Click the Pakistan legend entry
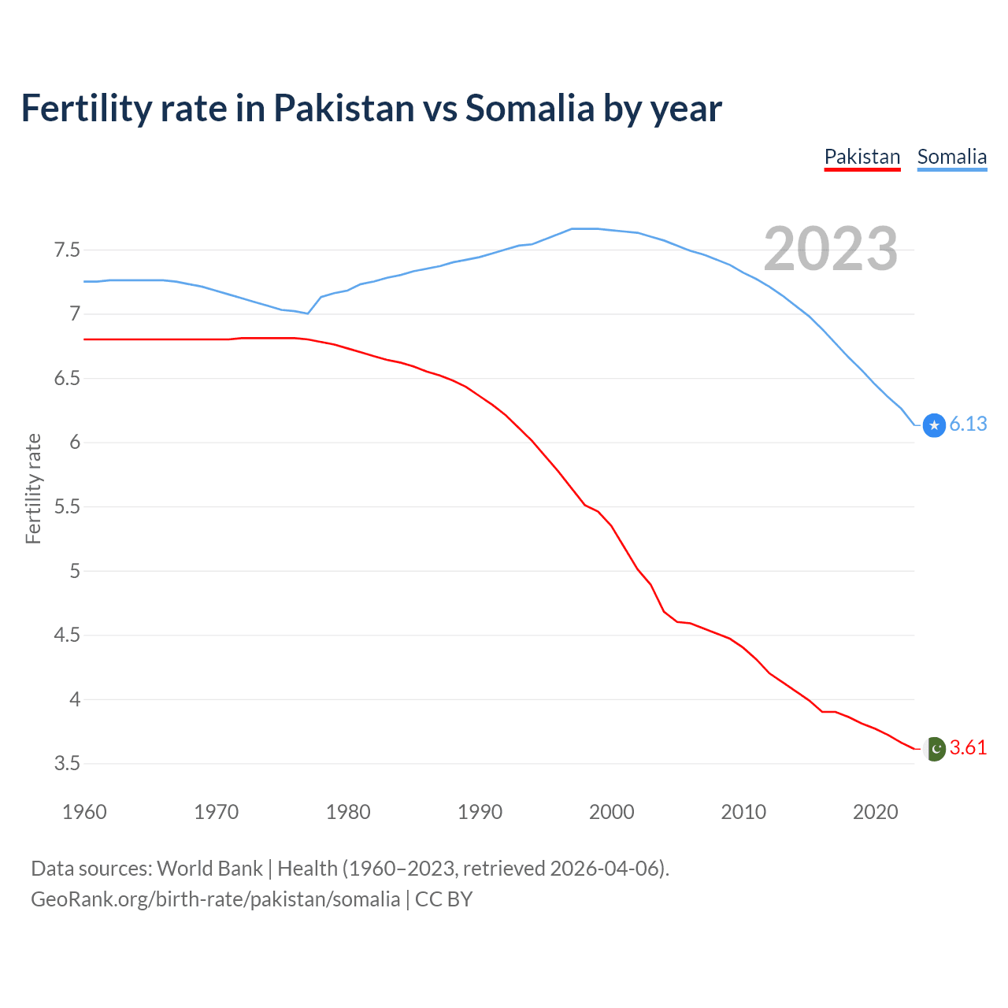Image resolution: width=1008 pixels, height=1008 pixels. [862, 157]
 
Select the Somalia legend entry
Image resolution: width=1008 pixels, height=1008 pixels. [951, 157]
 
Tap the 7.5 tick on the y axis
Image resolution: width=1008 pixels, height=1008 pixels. [67, 250]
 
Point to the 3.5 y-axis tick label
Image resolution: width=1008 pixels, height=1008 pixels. [67, 764]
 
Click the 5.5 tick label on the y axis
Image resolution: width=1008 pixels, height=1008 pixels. [67, 507]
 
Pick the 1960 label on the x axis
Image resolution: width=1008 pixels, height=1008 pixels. [84, 812]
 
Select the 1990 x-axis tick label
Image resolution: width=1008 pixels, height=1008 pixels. [480, 812]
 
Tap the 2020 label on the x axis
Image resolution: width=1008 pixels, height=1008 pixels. [875, 812]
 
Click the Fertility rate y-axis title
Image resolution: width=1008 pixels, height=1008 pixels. [33, 488]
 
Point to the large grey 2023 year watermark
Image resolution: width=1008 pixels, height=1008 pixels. [830, 249]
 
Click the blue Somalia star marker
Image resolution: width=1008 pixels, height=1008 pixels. [934, 425]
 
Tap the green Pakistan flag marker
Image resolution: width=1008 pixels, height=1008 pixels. [934, 748]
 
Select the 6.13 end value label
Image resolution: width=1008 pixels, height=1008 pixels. [968, 424]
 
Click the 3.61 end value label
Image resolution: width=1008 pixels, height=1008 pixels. [968, 748]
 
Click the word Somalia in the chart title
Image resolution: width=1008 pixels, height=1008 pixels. [529, 109]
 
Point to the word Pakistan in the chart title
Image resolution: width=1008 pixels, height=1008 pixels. [343, 109]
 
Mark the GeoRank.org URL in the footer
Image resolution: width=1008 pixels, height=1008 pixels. [215, 899]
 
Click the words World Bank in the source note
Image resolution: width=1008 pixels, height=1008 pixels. [209, 869]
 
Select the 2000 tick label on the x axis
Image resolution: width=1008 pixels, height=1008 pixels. [611, 812]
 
